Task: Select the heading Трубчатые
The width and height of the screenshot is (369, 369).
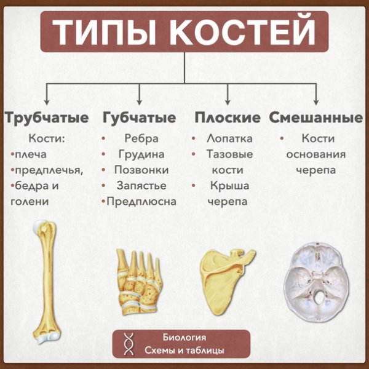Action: [x=46, y=117]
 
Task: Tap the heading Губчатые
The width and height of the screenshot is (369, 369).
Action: [x=140, y=117]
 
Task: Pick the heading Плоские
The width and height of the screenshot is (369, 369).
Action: [x=228, y=117]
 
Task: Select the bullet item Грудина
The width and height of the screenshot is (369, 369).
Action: [x=141, y=154]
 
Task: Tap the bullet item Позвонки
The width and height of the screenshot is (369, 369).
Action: [x=141, y=169]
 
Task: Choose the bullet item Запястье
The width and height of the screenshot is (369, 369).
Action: [x=141, y=184]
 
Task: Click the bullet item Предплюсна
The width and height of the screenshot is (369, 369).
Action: [x=141, y=200]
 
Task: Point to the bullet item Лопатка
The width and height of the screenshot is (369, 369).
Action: [x=229, y=138]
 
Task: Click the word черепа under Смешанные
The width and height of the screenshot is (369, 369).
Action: [x=315, y=170]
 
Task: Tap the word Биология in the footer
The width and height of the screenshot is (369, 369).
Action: [x=184, y=338]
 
